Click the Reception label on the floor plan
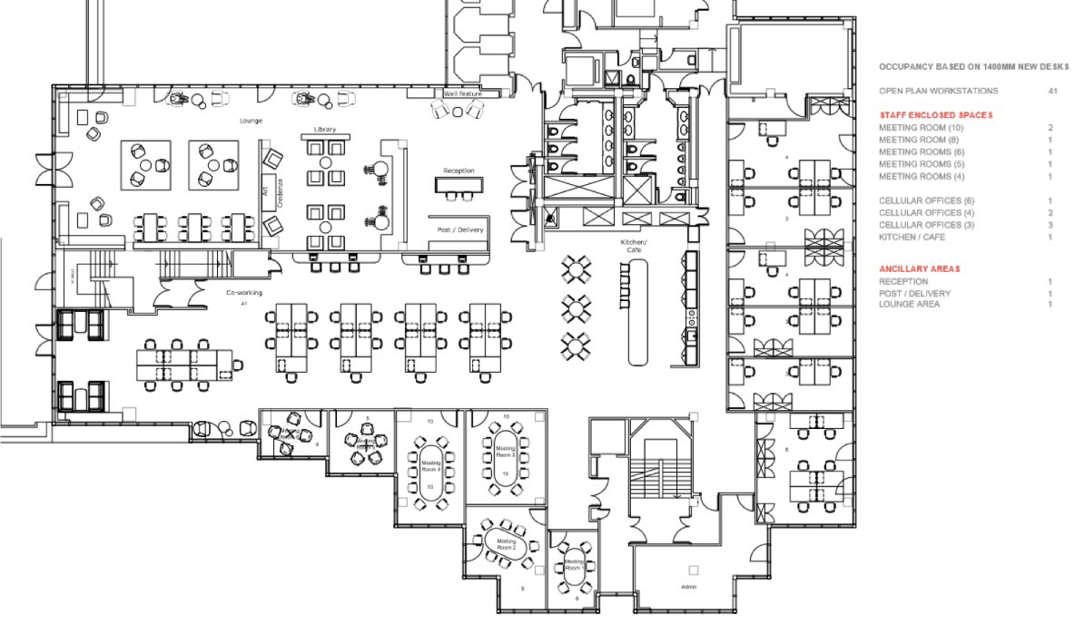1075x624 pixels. point(459,171)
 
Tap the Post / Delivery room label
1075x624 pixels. point(460,229)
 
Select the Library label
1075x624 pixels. point(325,130)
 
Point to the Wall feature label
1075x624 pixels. point(463,93)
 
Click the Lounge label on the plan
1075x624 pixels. point(251,120)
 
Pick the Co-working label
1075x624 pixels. point(244,293)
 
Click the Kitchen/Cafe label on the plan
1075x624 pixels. point(634,246)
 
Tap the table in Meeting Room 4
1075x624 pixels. point(431,466)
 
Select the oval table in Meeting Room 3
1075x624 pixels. point(506,451)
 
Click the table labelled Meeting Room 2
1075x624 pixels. point(506,544)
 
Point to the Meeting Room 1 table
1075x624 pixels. point(574,565)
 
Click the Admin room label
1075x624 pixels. point(688,587)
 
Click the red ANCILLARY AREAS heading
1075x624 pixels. point(920,269)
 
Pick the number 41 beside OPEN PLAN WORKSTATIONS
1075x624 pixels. point(1052,92)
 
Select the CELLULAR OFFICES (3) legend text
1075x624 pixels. point(926,225)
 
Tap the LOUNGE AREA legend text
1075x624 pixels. point(909,305)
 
